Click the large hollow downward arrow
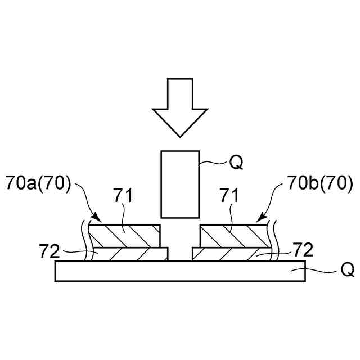click(180, 104)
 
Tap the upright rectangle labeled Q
click(180, 184)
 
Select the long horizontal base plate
click(180, 271)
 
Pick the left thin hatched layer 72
click(130, 254)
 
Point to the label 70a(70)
click(39, 183)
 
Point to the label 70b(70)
click(320, 183)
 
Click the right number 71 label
click(229, 196)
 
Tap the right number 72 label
click(303, 250)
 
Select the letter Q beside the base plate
click(348, 271)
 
